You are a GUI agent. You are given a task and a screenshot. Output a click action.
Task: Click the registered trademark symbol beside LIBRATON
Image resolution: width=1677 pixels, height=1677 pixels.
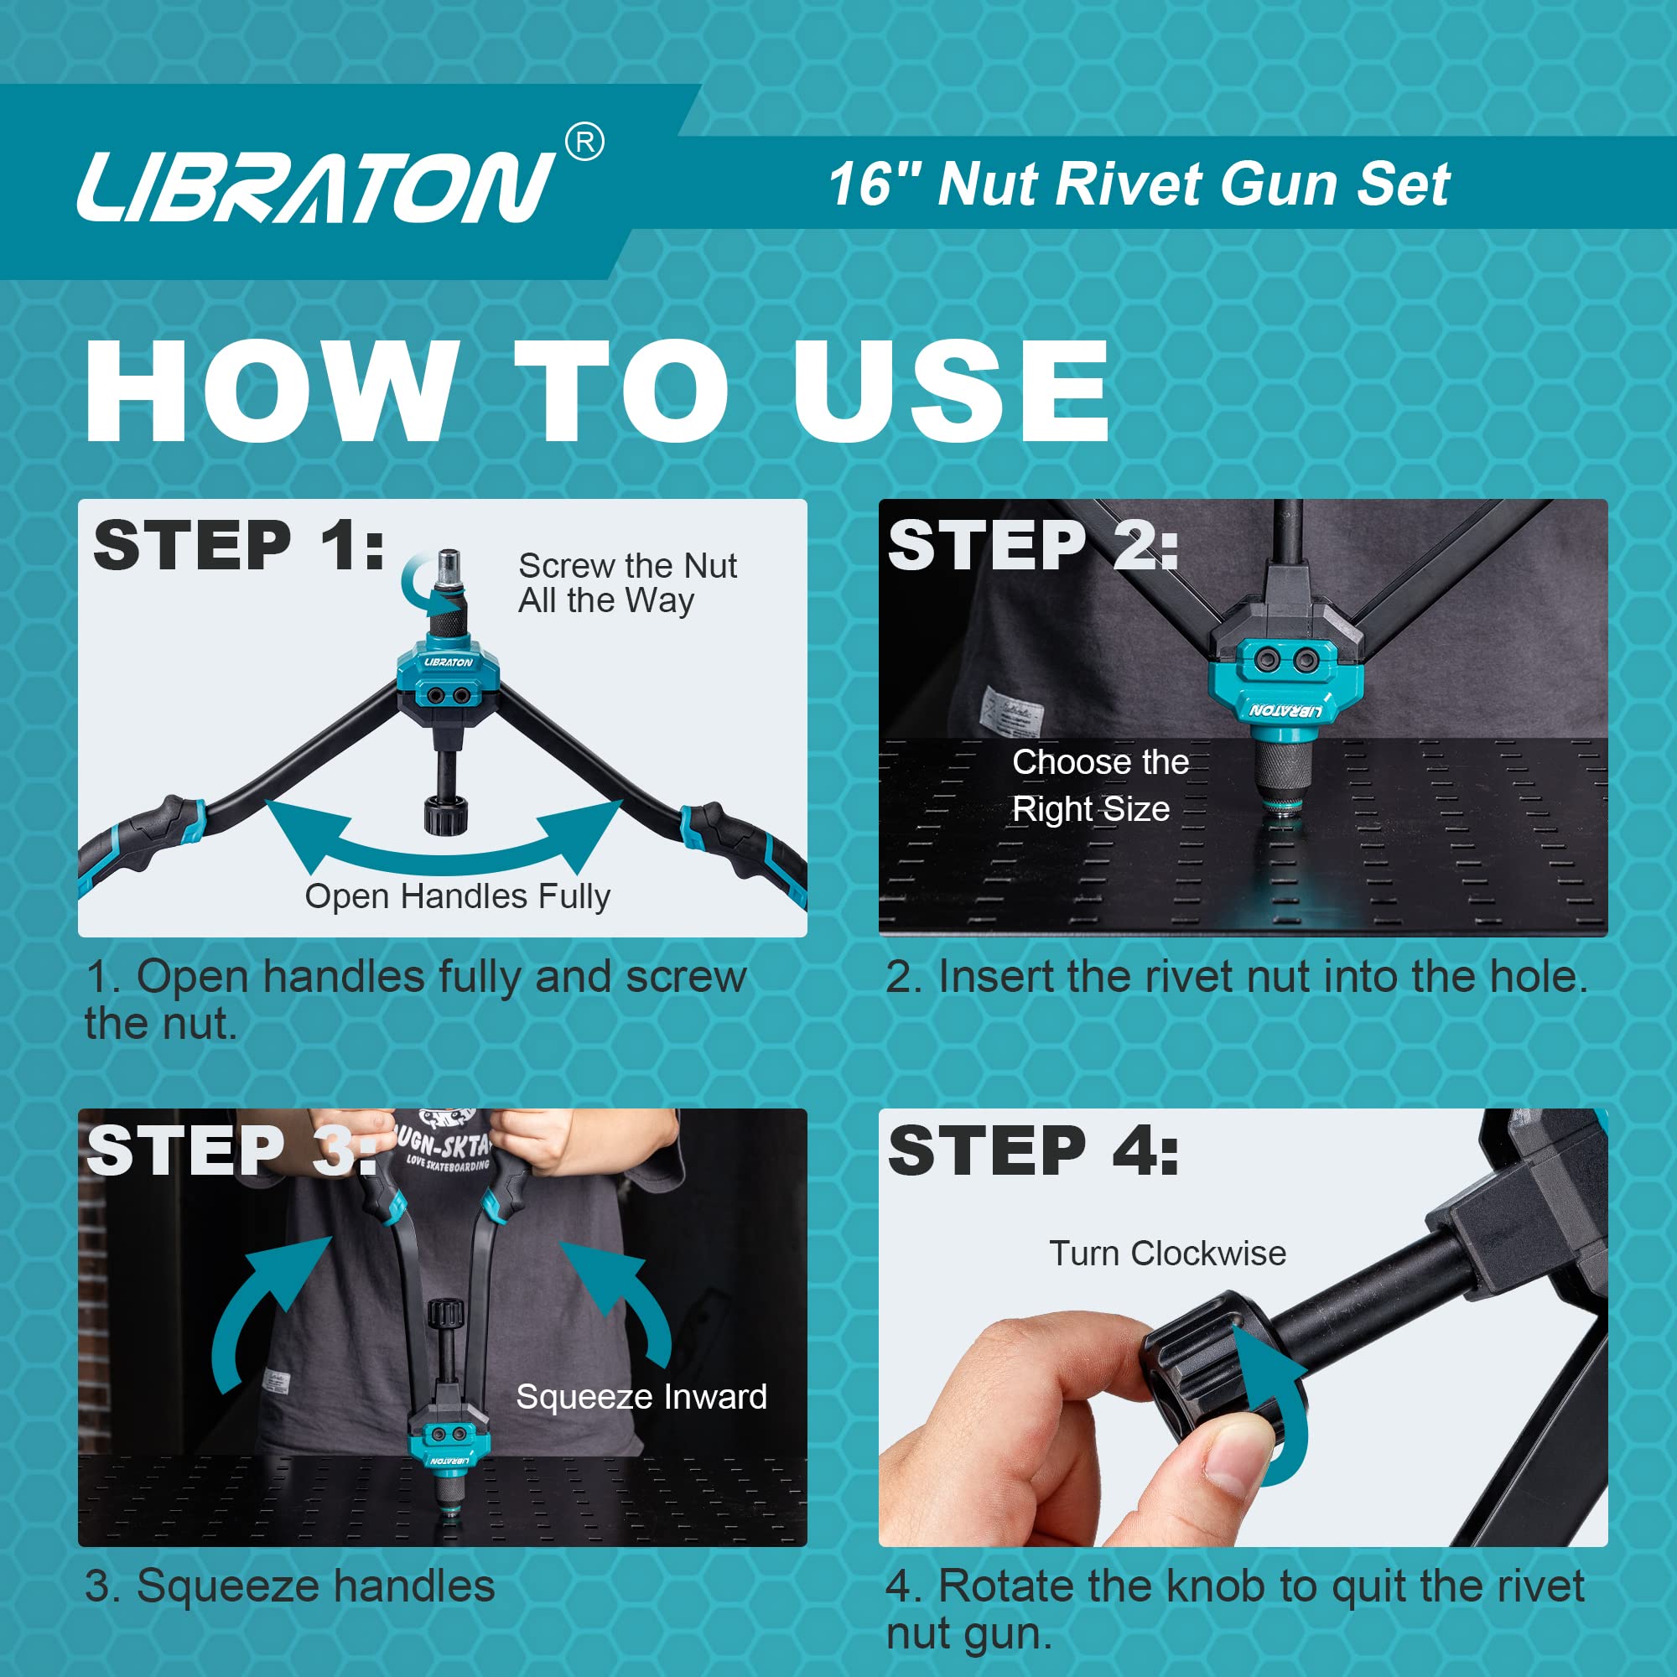click(585, 143)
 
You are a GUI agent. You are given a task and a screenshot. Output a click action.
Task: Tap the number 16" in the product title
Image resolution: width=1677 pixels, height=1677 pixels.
click(871, 184)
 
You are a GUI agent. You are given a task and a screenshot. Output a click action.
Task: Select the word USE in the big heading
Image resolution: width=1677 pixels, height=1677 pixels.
click(952, 391)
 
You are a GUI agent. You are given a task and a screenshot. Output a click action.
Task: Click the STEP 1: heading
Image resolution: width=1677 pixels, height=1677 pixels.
click(240, 546)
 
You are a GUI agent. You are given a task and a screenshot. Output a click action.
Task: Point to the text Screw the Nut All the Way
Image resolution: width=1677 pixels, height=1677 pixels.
click(626, 583)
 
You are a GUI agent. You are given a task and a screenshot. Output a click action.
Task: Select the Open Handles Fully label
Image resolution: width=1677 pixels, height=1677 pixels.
click(458, 896)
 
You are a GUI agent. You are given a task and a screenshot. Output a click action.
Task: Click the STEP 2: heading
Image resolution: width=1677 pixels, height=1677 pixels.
click(1033, 546)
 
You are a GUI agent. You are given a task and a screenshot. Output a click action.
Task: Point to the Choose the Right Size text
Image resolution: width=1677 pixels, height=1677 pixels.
click(1099, 785)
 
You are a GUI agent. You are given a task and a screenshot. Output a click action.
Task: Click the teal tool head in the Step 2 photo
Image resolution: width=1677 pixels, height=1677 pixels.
click(1285, 686)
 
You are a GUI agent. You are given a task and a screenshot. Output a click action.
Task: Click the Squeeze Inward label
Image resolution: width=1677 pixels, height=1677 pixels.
click(641, 1397)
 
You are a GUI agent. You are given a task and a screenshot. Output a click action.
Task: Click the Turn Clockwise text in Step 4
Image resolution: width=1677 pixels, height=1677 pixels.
click(1167, 1254)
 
